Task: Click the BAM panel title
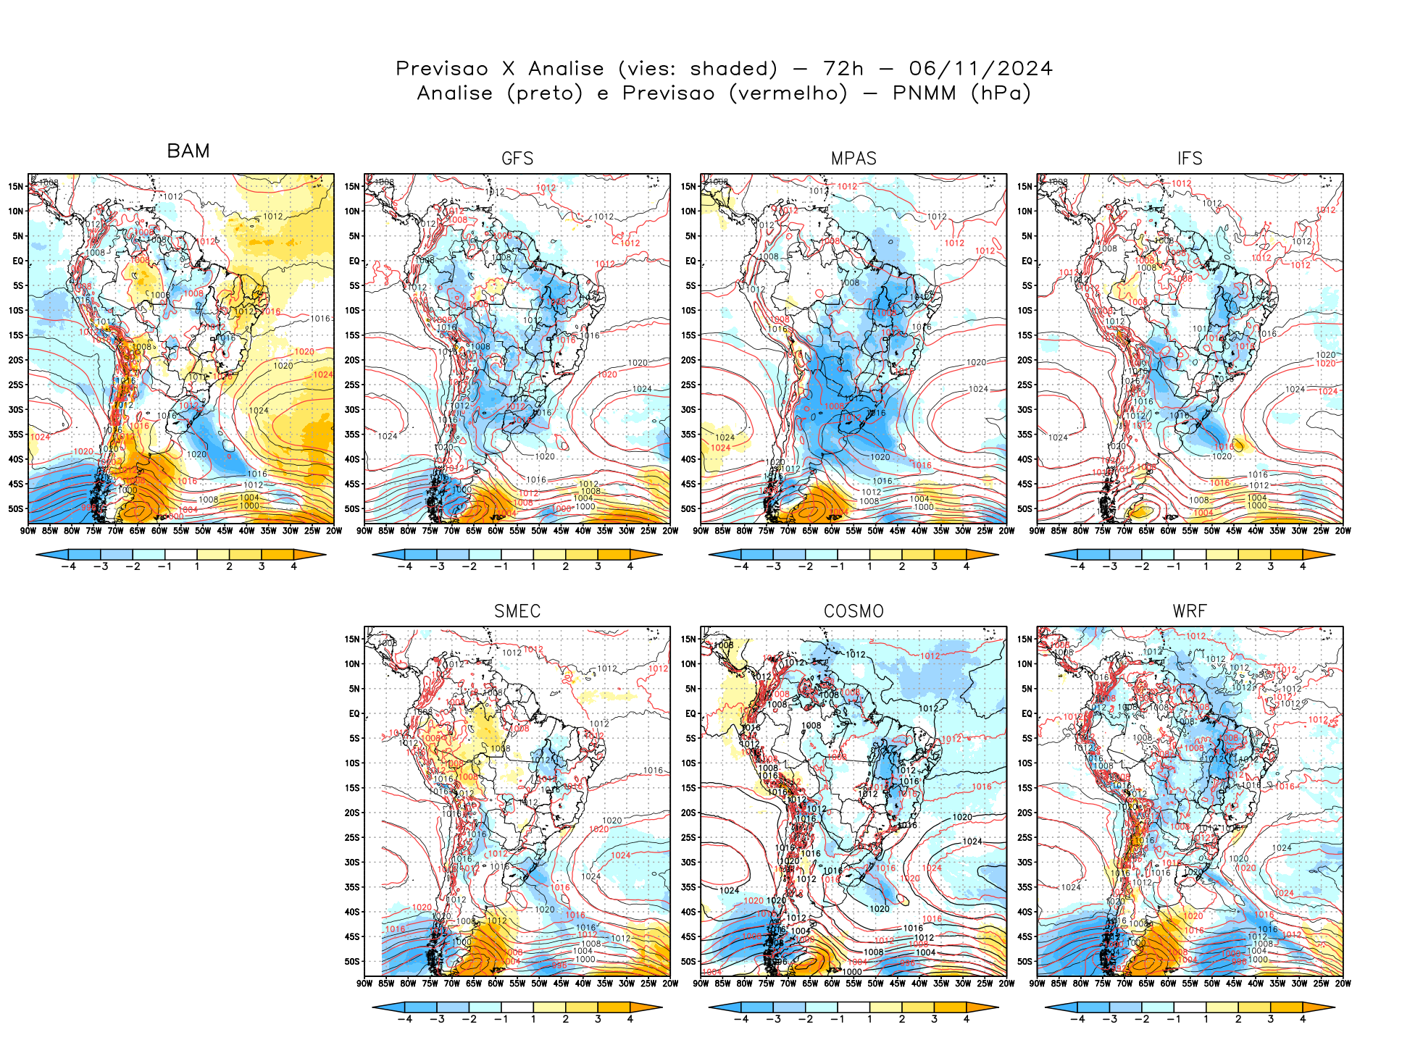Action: [x=188, y=151]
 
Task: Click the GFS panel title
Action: [x=517, y=159]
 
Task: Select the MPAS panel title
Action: [x=854, y=159]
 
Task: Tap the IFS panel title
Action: [x=1190, y=159]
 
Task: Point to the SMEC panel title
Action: [x=517, y=611]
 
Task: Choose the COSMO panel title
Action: [x=854, y=611]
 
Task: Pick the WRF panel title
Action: [x=1190, y=611]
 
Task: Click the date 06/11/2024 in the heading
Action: [x=980, y=69]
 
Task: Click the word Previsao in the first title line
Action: [x=442, y=69]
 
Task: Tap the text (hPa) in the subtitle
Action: [x=1001, y=93]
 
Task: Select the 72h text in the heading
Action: [x=843, y=69]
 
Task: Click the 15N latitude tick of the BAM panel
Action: [x=16, y=186]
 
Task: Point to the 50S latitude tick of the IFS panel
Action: [x=1025, y=508]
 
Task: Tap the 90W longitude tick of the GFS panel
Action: [x=364, y=531]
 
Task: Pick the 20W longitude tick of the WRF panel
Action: [x=1343, y=984]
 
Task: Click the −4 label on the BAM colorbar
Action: [x=69, y=566]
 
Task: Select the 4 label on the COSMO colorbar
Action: [x=967, y=1019]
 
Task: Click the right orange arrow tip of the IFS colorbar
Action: [x=1332, y=555]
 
